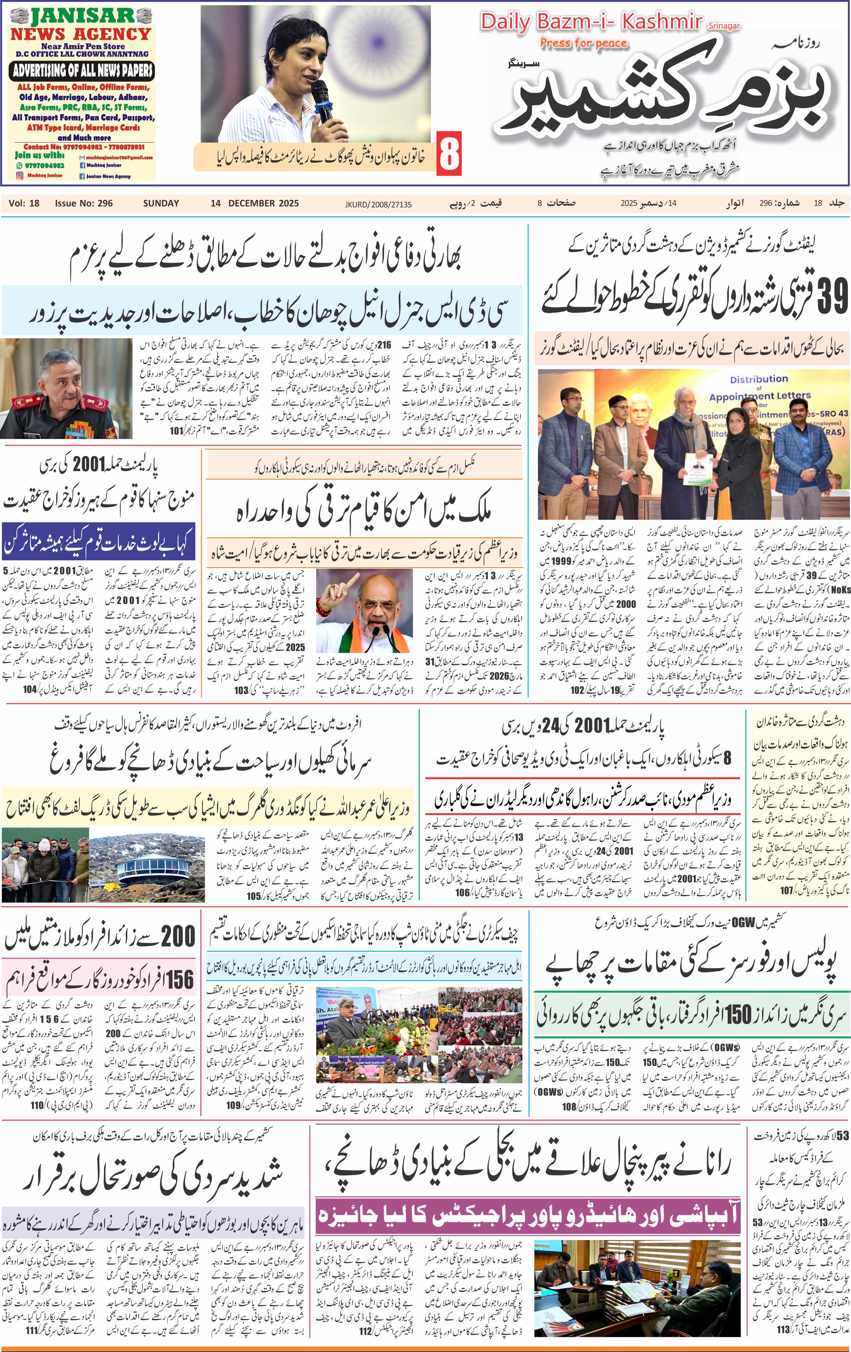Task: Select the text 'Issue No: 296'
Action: tap(84, 203)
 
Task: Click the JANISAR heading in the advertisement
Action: tap(83, 15)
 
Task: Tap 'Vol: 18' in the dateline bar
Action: tap(24, 203)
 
